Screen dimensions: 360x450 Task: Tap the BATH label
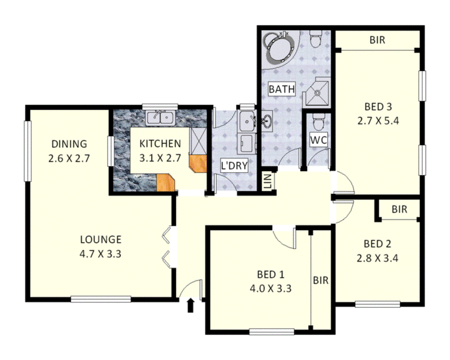282,89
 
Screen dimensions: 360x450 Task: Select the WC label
319,140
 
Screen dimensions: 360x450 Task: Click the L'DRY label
234,166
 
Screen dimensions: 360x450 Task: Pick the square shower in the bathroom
317,92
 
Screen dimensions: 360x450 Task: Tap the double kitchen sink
160,118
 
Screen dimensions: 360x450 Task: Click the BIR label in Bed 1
321,280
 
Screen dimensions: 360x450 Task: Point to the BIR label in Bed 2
399,209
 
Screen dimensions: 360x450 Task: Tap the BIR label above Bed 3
377,40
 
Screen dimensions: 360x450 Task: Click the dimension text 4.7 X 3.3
101,254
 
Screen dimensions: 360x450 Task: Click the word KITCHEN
160,144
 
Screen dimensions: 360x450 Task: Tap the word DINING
69,144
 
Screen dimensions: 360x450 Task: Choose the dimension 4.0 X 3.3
270,288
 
